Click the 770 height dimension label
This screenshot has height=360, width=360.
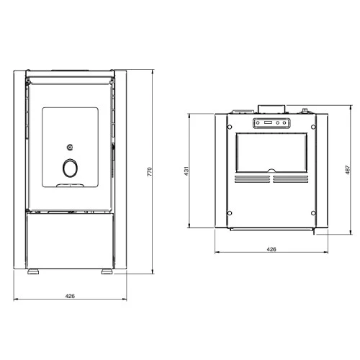click(150, 171)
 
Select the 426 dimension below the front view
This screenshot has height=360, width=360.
click(70, 296)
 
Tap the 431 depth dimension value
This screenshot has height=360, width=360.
click(186, 171)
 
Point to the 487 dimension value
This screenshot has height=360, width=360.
click(348, 170)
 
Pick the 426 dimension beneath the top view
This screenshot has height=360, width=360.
click(271, 249)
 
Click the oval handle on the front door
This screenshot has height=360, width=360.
click(70, 168)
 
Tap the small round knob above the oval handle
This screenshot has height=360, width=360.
click(70, 147)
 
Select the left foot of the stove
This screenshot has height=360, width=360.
click(33, 271)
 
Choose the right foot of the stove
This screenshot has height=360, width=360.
click(107, 271)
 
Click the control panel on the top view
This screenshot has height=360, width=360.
click(271, 123)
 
